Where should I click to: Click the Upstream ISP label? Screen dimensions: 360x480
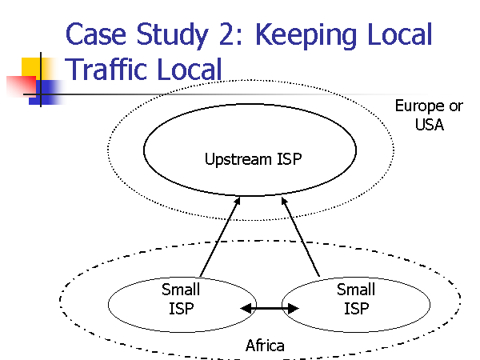pos(254,158)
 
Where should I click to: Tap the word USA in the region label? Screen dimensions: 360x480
pos(429,125)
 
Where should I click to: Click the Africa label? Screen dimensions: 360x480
pos(265,346)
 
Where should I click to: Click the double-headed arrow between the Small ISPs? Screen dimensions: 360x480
pos(270,308)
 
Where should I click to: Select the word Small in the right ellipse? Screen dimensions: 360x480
pos(356,290)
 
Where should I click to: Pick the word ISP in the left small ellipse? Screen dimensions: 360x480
pos(181,309)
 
